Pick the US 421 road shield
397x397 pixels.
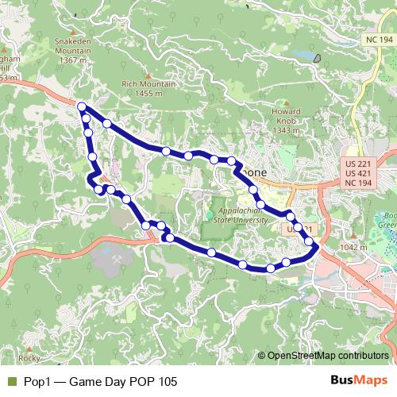coord(358,173)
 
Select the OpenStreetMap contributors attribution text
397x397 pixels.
coord(327,357)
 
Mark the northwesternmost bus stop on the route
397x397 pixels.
coord(82,106)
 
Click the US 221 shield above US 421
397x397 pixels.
coord(358,163)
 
